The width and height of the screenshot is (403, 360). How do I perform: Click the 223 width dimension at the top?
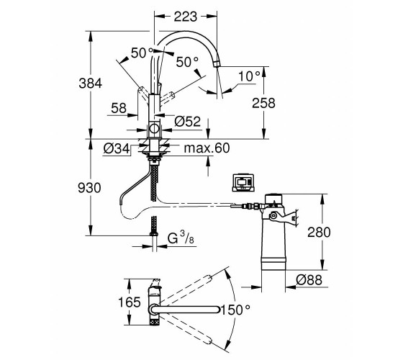(x=186, y=17)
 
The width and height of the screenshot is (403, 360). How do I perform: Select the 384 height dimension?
(x=90, y=84)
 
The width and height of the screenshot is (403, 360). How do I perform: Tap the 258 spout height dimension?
(x=263, y=103)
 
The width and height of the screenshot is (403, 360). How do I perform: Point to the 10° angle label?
(x=249, y=76)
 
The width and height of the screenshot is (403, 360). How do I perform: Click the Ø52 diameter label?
(x=187, y=122)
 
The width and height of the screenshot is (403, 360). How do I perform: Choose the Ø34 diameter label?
(x=117, y=148)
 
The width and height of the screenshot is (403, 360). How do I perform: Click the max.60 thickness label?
(x=207, y=148)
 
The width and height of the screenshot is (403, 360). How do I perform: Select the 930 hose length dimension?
(x=89, y=188)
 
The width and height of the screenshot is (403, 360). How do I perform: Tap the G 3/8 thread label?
(x=181, y=238)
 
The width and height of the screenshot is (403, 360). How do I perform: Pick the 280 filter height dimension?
(x=319, y=232)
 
